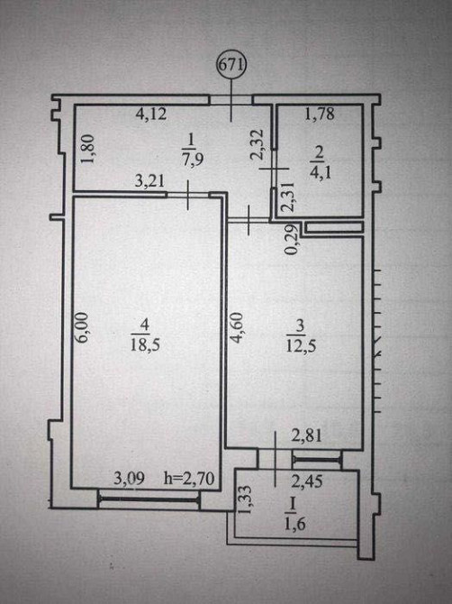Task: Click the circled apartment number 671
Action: pyautogui.click(x=231, y=65)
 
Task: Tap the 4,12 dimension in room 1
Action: pyautogui.click(x=151, y=114)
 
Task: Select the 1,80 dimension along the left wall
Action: pyautogui.click(x=87, y=149)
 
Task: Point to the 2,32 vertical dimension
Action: pyautogui.click(x=256, y=144)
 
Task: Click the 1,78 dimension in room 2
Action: pyautogui.click(x=320, y=114)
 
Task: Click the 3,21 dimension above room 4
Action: pyautogui.click(x=150, y=180)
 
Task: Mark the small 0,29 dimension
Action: pyautogui.click(x=292, y=240)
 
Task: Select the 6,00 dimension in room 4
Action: pyautogui.click(x=85, y=327)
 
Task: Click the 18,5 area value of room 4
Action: pyautogui.click(x=145, y=344)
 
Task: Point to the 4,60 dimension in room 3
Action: pyautogui.click(x=237, y=327)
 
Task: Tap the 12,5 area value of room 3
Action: pyautogui.click(x=301, y=345)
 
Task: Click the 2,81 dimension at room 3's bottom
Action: pyautogui.click(x=306, y=436)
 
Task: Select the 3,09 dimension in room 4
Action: pyautogui.click(x=130, y=479)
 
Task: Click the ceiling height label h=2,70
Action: pyautogui.click(x=189, y=479)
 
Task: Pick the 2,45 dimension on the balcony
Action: pyautogui.click(x=307, y=480)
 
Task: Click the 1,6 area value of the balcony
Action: pyautogui.click(x=295, y=525)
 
